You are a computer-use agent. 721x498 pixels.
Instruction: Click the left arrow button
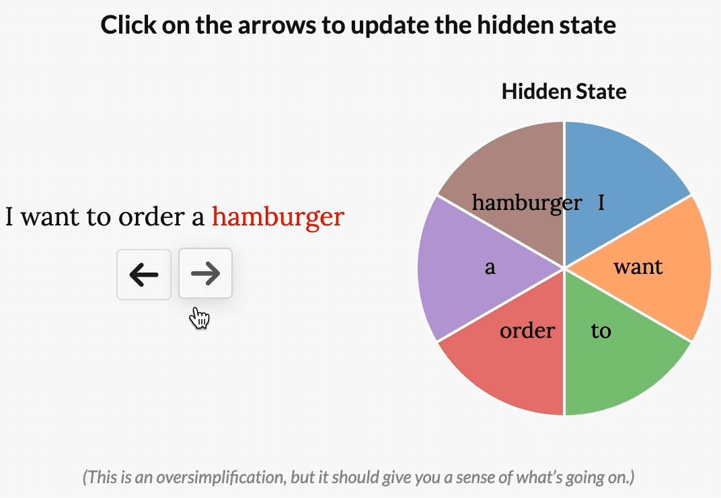(144, 275)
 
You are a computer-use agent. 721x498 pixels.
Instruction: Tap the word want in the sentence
(50, 217)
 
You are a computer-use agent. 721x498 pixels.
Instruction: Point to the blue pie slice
(616, 175)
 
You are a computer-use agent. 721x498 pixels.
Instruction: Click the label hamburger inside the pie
(527, 203)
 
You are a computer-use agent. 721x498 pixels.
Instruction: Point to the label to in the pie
(601, 330)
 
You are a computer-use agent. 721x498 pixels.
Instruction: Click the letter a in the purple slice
(490, 267)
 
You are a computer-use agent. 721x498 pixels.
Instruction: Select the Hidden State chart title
(564, 91)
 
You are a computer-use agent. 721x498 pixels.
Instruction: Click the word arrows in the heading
(277, 25)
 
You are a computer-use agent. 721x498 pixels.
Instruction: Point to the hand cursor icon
(200, 318)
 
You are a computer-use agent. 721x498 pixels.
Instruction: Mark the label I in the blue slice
(601, 203)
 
